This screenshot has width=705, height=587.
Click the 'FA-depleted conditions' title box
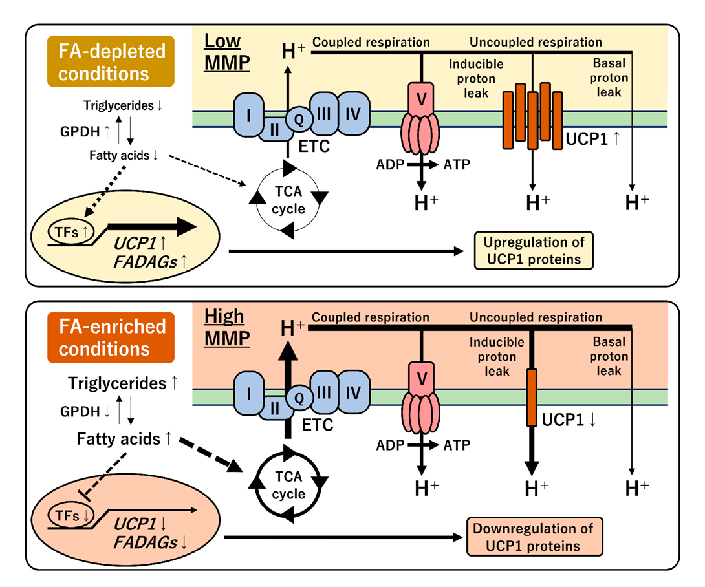point(110,62)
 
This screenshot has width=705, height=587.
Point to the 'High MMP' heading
point(224,326)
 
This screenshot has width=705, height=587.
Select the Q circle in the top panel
point(298,117)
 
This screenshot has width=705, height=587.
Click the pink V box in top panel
point(421,98)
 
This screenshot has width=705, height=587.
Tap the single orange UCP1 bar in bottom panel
point(532,397)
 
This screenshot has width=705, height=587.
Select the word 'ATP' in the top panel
point(456,164)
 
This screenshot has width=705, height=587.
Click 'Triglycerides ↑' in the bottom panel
point(123,383)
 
